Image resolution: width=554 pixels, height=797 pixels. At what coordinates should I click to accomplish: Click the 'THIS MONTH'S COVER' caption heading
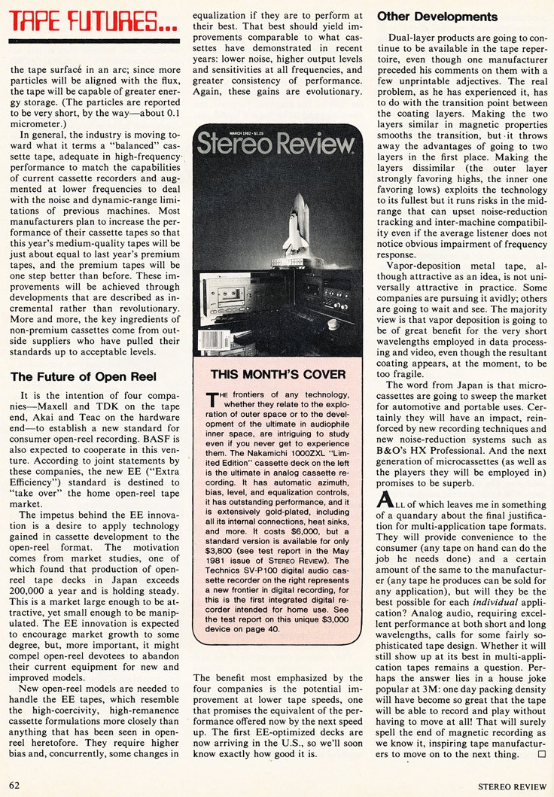coord(278,374)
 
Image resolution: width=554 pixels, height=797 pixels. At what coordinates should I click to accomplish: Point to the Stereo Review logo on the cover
coord(274,143)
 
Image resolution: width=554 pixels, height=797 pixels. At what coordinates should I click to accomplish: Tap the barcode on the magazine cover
coord(215,340)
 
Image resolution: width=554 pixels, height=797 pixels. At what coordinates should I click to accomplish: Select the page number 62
coord(14,785)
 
